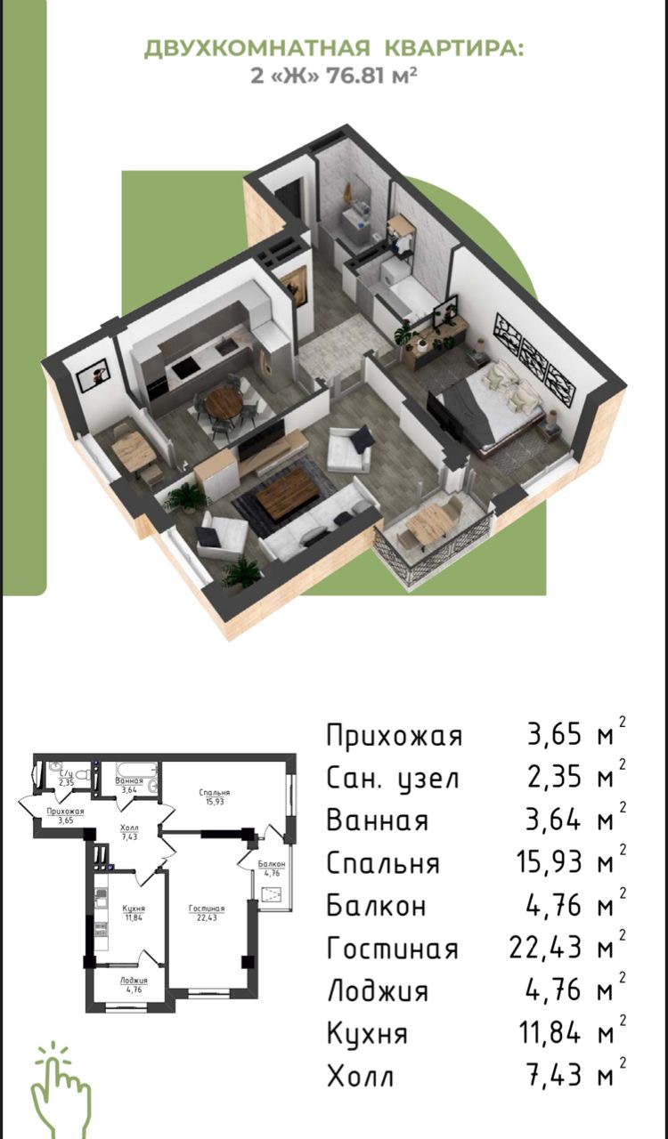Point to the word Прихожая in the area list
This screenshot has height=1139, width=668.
395,737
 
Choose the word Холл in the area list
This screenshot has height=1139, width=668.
360,1077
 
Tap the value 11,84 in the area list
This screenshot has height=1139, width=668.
552,1034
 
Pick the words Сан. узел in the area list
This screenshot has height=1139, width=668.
393,780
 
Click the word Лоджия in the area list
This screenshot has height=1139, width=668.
378,991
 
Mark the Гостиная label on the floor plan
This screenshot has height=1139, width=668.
206,909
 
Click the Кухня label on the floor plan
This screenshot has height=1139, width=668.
134,908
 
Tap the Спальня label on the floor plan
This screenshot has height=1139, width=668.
215,792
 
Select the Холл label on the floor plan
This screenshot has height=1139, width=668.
129,828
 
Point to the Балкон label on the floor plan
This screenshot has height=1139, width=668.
272,864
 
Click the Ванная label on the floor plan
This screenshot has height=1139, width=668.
129,780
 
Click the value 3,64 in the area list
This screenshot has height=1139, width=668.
558,821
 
